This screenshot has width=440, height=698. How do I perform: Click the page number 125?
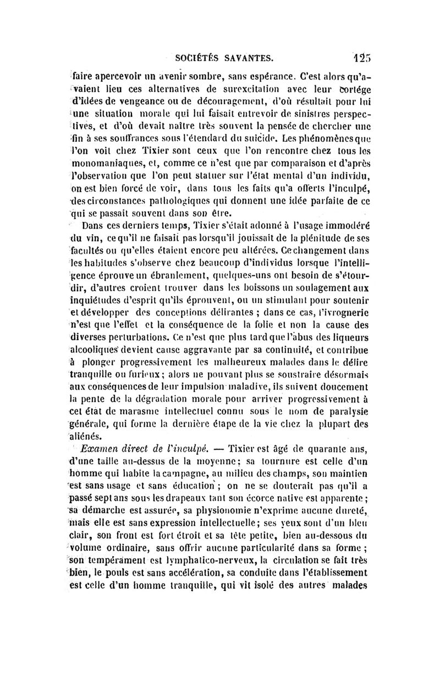[362, 57]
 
